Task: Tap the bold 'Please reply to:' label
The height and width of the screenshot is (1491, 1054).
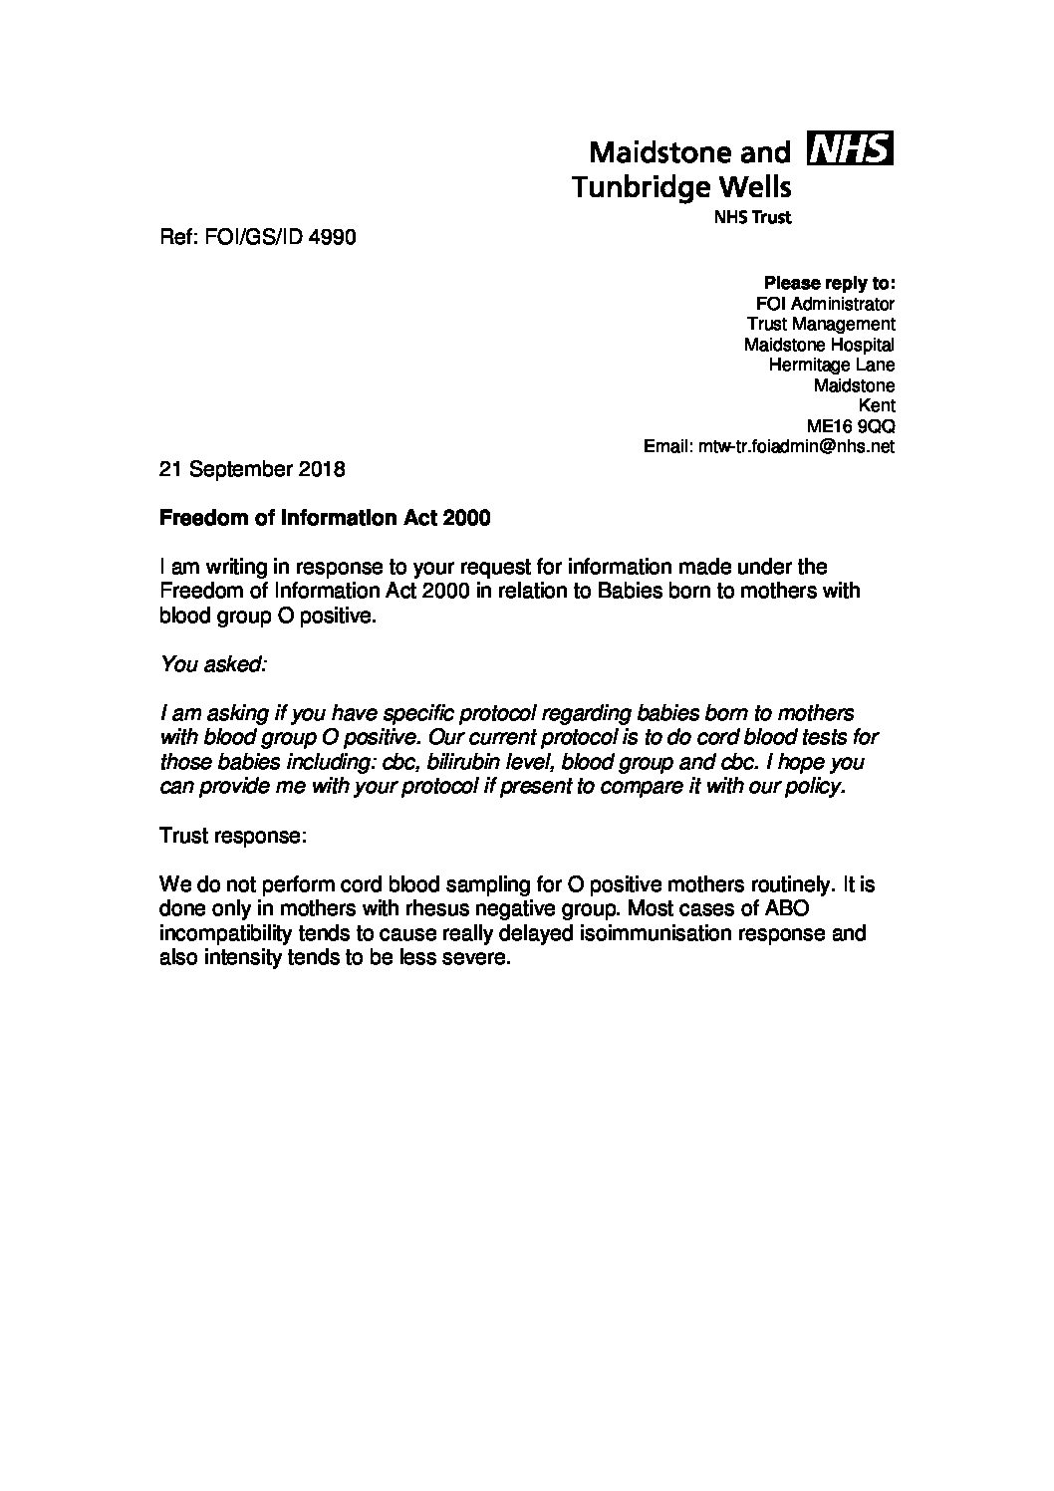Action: click(829, 283)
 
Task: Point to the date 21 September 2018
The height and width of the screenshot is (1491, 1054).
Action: click(252, 469)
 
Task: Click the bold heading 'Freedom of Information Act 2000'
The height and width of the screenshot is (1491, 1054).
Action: click(325, 519)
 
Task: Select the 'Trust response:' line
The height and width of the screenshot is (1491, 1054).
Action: click(232, 835)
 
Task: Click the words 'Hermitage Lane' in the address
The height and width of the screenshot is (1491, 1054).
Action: click(831, 366)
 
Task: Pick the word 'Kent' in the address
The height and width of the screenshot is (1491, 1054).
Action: click(876, 406)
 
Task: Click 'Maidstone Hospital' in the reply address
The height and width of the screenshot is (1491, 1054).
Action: click(819, 345)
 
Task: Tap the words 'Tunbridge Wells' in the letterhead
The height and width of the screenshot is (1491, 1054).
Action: click(681, 186)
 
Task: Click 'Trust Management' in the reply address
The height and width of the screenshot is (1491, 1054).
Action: click(821, 324)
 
